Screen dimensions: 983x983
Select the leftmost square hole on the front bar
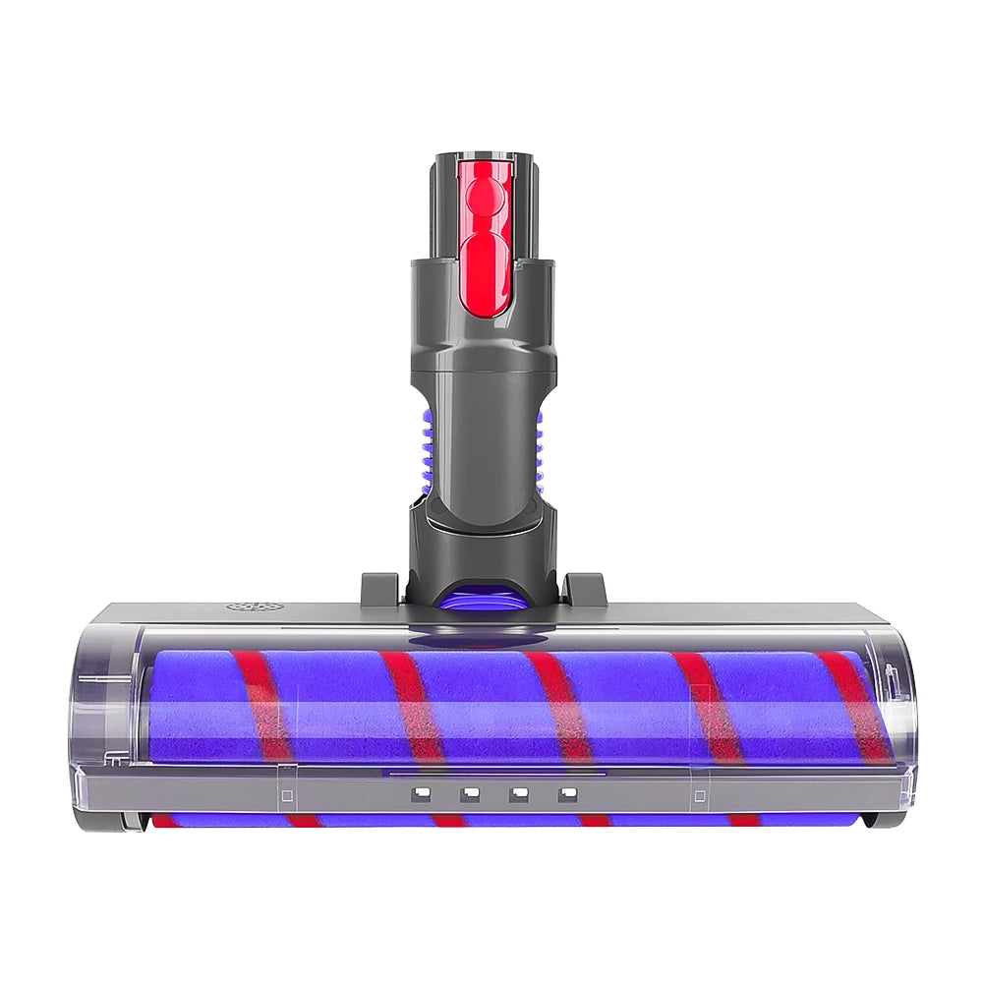(x=421, y=791)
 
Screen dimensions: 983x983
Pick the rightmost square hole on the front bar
(x=566, y=792)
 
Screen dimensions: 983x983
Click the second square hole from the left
(x=470, y=791)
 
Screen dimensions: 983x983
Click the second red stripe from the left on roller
(x=413, y=706)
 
